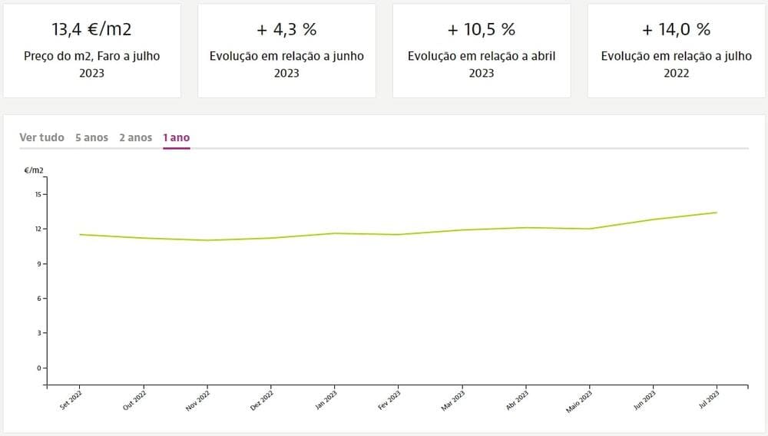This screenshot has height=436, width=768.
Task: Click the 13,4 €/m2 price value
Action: (91, 30)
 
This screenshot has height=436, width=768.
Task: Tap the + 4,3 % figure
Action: (286, 30)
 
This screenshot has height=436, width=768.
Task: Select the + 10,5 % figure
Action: (482, 30)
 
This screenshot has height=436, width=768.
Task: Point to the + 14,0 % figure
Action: (676, 30)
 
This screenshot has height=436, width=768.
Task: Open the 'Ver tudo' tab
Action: (41, 137)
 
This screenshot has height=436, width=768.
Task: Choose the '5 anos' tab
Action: (91, 137)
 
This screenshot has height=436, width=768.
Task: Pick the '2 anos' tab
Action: (135, 137)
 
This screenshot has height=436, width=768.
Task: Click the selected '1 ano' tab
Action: (176, 137)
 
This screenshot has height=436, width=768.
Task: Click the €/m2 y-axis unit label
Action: (34, 170)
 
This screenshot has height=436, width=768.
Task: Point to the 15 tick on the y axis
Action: (37, 194)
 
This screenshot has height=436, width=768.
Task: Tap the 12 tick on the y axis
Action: (37, 229)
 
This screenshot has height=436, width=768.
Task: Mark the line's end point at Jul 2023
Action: (717, 213)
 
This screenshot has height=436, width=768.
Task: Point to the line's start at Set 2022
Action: (80, 234)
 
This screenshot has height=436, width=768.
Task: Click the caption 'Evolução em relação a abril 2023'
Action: (482, 64)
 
